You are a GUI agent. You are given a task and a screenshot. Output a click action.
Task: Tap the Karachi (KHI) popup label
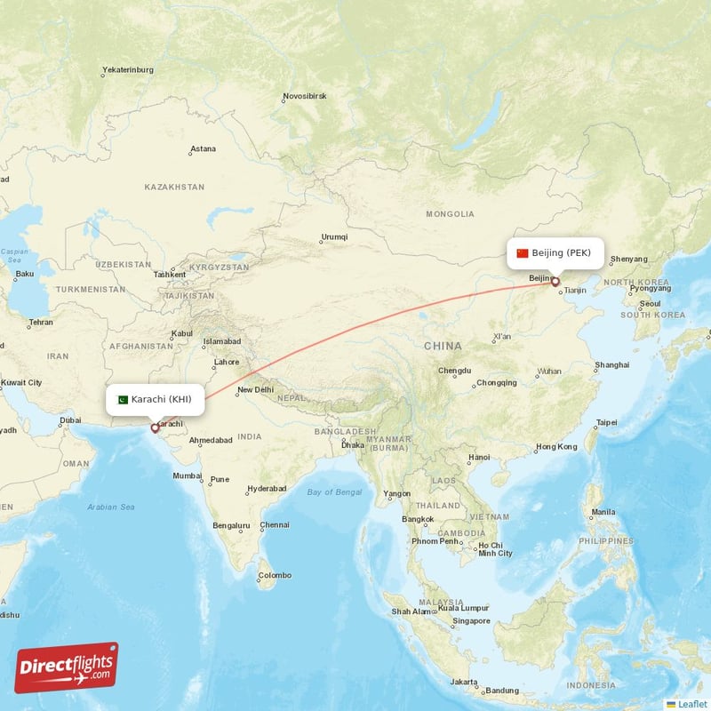click(x=156, y=399)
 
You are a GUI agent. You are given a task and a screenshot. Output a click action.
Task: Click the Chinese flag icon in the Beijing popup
click(x=523, y=253)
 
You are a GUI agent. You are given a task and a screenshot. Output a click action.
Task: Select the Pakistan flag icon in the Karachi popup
click(x=123, y=399)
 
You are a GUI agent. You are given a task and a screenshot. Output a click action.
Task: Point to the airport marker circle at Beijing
click(x=555, y=283)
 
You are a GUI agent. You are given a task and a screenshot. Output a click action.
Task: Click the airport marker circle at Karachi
click(x=155, y=428)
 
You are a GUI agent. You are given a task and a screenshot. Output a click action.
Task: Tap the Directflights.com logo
click(x=67, y=667)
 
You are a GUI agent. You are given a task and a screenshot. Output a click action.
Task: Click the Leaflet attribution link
click(x=691, y=704)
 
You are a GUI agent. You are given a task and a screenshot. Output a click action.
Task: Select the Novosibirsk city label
click(x=305, y=95)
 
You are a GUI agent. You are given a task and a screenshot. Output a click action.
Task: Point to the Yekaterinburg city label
click(x=128, y=69)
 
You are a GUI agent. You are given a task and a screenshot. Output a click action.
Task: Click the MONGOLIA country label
click(x=450, y=214)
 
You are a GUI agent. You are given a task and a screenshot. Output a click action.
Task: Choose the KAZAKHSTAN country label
click(x=174, y=188)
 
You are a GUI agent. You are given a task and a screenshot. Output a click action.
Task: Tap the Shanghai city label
click(x=612, y=364)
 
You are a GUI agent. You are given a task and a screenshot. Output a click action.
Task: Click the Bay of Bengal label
click(x=334, y=491)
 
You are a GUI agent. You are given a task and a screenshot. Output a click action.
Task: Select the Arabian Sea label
click(x=111, y=507)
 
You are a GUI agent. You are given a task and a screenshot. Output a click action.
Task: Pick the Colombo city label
click(x=274, y=575)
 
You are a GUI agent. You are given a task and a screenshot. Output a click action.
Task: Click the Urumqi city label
click(x=334, y=237)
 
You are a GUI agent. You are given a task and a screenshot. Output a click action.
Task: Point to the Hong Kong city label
click(x=556, y=446)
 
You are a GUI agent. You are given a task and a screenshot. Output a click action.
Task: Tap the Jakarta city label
click(x=462, y=682)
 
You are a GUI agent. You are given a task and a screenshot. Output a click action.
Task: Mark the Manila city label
click(x=603, y=512)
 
